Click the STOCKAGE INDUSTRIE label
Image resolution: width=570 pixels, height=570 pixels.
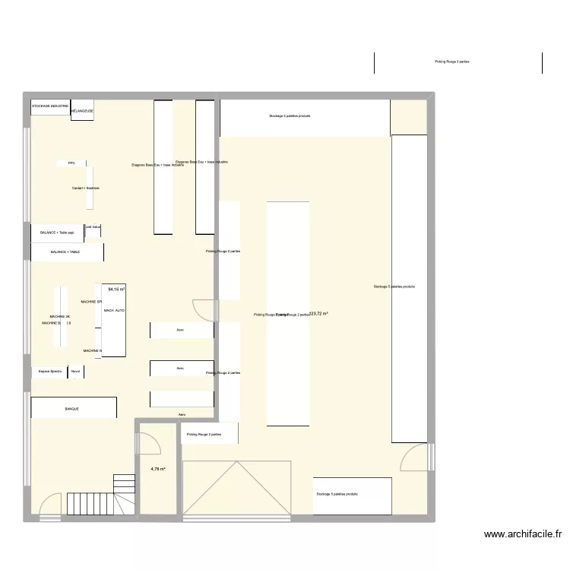pyautogui.click(x=50, y=106)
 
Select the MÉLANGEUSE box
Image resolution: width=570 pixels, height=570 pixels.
pyautogui.click(x=81, y=111)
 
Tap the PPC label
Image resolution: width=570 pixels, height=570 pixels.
pyautogui.click(x=71, y=163)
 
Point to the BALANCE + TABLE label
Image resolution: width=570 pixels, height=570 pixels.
pyautogui.click(x=65, y=252)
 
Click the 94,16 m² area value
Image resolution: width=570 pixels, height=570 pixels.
pyautogui.click(x=116, y=289)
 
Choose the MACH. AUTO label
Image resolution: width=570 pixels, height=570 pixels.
pyautogui.click(x=114, y=311)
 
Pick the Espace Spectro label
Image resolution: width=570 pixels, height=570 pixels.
pyautogui.click(x=50, y=372)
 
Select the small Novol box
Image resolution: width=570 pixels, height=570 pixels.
pyautogui.click(x=75, y=372)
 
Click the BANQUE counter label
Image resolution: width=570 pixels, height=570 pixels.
pyautogui.click(x=72, y=409)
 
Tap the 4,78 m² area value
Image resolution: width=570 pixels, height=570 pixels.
pyautogui.click(x=158, y=469)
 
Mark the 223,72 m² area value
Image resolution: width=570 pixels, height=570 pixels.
pyautogui.click(x=318, y=313)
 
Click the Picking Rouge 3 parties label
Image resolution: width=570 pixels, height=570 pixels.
pyautogui.click(x=451, y=62)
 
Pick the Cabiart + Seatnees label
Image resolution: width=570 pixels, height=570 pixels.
pyautogui.click(x=86, y=188)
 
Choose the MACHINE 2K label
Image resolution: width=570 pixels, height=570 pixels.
pyautogui.click(x=59, y=316)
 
